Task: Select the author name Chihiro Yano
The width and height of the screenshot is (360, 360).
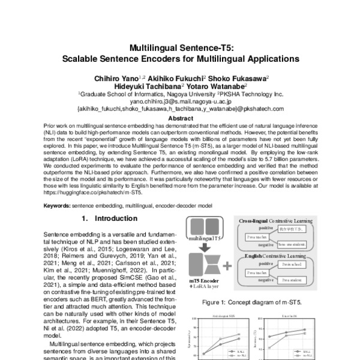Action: coord(115,78)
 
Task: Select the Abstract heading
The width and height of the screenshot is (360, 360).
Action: coord(180,119)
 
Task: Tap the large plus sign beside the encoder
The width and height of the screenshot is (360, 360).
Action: coord(227,265)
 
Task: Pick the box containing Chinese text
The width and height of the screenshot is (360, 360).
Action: coord(293,229)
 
